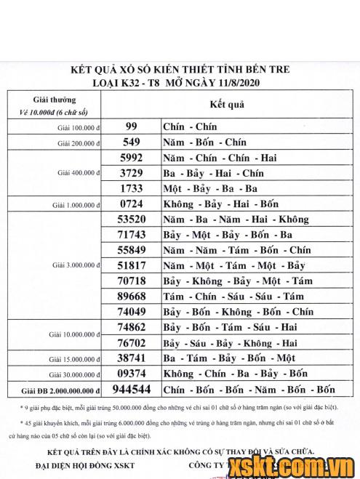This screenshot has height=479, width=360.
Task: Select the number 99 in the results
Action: (x=131, y=126)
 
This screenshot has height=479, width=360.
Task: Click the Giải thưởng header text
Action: (x=54, y=98)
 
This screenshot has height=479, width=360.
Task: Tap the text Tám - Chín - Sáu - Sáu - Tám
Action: (x=233, y=297)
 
